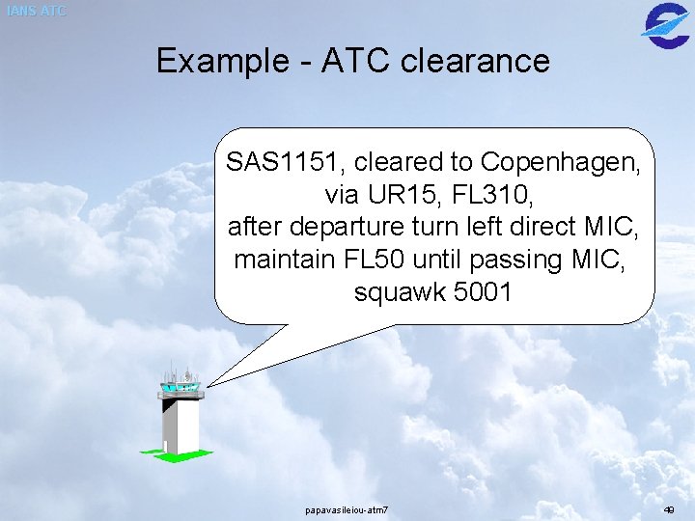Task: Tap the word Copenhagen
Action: tap(560, 162)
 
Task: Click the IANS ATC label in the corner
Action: tap(36, 12)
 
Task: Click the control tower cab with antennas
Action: tap(181, 383)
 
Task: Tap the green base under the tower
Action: tap(175, 454)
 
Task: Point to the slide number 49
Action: tap(669, 509)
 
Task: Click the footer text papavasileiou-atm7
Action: tap(347, 509)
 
